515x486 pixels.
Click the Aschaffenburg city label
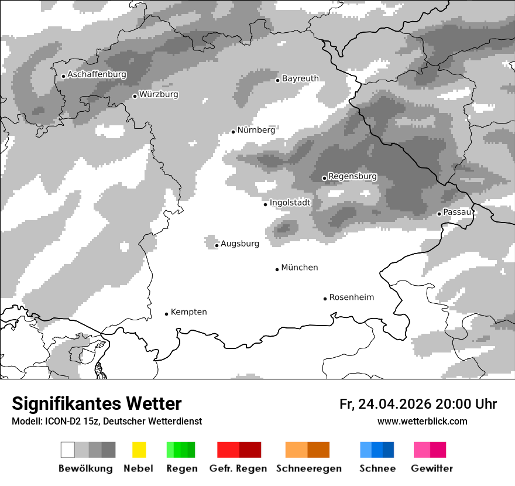point(97,74)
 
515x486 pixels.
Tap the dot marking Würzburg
point(135,96)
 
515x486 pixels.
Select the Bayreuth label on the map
point(300,78)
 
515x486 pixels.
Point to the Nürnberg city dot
point(233,132)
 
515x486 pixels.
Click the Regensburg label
point(352,176)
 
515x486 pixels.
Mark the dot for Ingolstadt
point(265,204)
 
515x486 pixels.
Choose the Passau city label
point(457,212)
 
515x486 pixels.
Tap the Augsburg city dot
point(217,245)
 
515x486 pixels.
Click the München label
point(300,268)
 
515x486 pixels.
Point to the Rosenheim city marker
point(325,299)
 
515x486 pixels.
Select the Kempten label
point(188,312)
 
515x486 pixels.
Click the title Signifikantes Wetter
point(97,403)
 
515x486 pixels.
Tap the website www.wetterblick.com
point(422,421)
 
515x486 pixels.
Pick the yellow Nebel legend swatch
point(139,450)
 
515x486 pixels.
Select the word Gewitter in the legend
point(432,468)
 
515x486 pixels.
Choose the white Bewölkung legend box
point(68,450)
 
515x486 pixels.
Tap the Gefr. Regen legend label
point(238,468)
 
